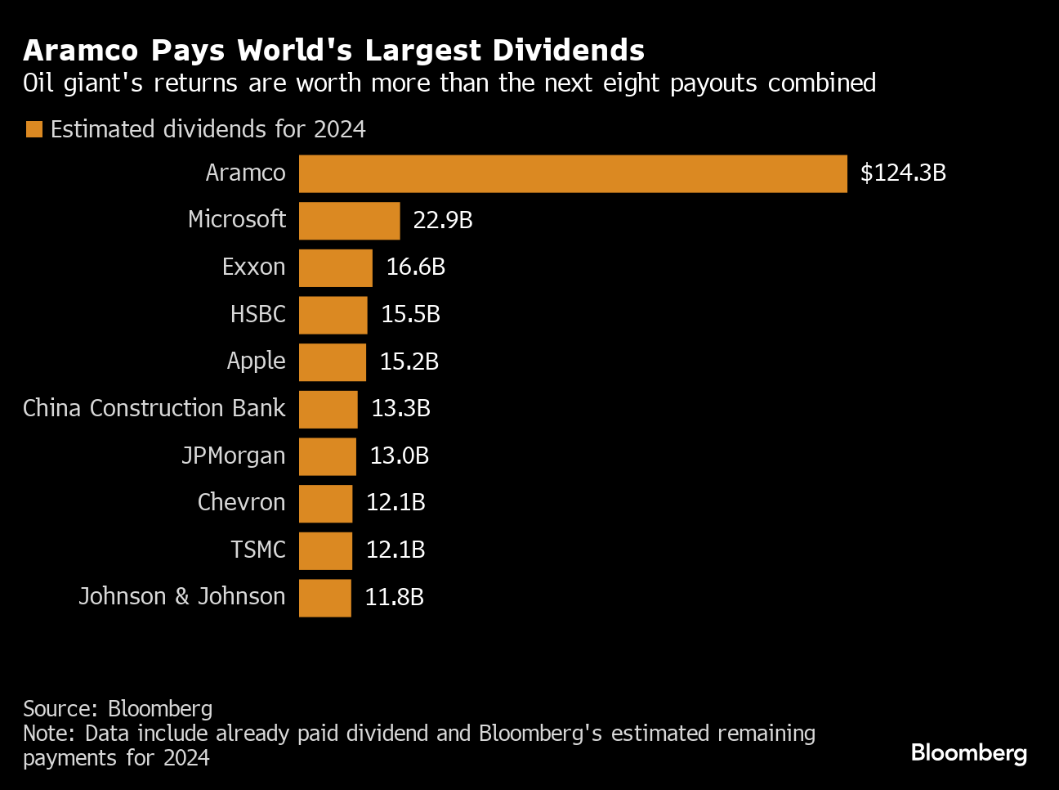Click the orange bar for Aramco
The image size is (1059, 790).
(x=572, y=173)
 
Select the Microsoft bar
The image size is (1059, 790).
(x=349, y=221)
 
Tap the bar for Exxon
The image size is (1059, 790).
(x=335, y=267)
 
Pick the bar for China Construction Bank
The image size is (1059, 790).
(x=328, y=409)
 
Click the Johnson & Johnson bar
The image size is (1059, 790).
(x=324, y=598)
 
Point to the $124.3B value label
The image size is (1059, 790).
(x=903, y=173)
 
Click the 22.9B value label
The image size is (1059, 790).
(x=443, y=221)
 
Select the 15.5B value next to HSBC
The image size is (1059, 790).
(x=410, y=315)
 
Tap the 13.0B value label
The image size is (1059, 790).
(x=399, y=456)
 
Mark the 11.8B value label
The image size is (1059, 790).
(x=394, y=598)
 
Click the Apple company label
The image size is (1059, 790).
(x=256, y=361)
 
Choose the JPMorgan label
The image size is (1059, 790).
(x=234, y=456)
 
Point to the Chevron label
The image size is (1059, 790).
(x=241, y=502)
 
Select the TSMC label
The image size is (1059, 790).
(x=258, y=550)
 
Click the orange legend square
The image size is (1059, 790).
(x=34, y=129)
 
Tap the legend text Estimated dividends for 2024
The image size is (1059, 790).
(x=208, y=129)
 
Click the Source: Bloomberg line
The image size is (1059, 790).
(x=118, y=708)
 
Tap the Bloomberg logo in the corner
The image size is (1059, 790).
(x=968, y=752)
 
